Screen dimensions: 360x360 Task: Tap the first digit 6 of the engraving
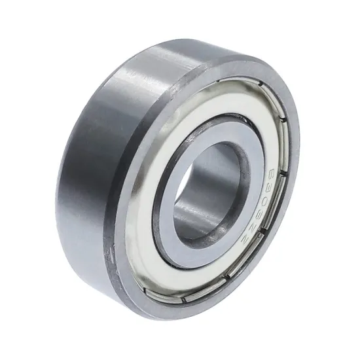tap(271, 174)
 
